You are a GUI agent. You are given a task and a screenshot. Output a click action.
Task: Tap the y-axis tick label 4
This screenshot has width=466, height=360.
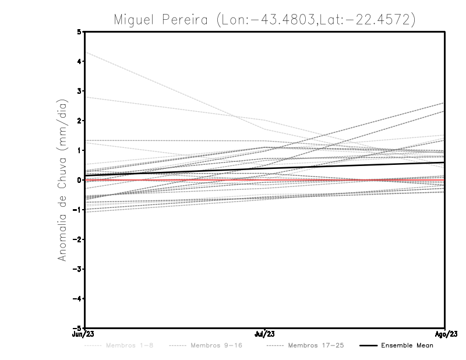tap(79, 61)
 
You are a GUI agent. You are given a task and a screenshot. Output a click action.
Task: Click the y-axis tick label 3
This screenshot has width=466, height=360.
tap(79, 91)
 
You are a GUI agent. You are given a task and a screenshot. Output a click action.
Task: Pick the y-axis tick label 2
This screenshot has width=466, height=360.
tap(79, 121)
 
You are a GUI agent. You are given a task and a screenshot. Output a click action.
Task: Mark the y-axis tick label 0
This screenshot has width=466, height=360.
tap(79, 180)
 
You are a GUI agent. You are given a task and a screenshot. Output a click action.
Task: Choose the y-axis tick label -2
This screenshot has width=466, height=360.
tap(77, 239)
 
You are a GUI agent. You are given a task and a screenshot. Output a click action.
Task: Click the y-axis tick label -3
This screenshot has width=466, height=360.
tap(77, 269)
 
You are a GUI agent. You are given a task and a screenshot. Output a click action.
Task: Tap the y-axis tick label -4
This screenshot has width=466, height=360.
tap(77, 299)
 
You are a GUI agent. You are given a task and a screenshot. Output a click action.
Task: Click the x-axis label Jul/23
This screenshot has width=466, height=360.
tap(265, 334)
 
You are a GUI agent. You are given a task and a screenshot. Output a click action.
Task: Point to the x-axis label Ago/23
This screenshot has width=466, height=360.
tap(445, 334)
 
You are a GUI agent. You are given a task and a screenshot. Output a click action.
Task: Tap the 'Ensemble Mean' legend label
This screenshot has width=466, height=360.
tap(407, 345)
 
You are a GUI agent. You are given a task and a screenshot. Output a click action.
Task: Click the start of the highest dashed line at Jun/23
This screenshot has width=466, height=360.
tap(86, 52)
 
